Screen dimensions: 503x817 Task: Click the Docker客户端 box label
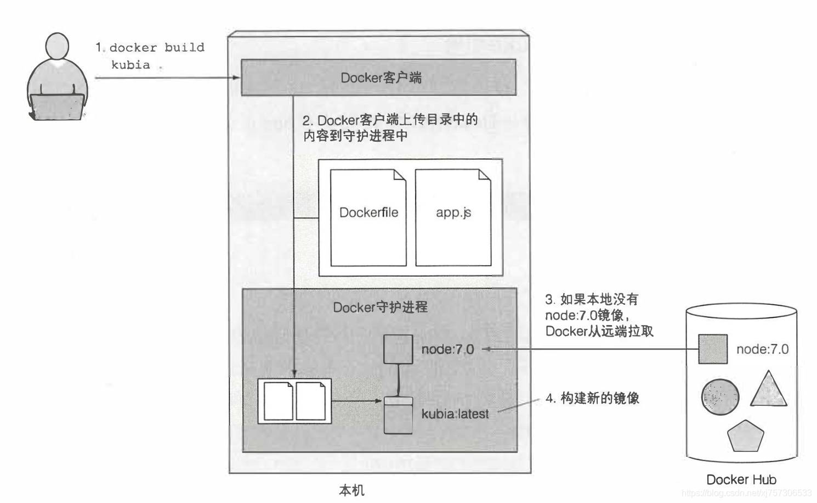[381, 78]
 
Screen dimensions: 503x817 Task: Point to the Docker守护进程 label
[380, 307]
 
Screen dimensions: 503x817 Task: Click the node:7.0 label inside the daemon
[447, 349]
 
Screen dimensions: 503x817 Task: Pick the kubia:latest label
[455, 414]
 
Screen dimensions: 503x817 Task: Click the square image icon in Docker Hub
[713, 349]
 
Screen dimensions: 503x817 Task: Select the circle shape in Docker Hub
[720, 396]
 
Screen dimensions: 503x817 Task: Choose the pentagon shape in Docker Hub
[745, 437]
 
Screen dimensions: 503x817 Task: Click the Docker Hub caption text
[741, 479]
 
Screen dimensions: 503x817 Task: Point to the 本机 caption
[351, 490]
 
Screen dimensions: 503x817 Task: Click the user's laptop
[57, 107]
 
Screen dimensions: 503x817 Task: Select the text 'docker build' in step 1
[157, 48]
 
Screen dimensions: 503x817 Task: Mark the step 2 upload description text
[390, 127]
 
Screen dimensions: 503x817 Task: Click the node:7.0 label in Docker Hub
[762, 349]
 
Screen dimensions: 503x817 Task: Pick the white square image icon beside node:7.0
[398, 349]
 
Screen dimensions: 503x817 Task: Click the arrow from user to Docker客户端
[167, 77]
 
